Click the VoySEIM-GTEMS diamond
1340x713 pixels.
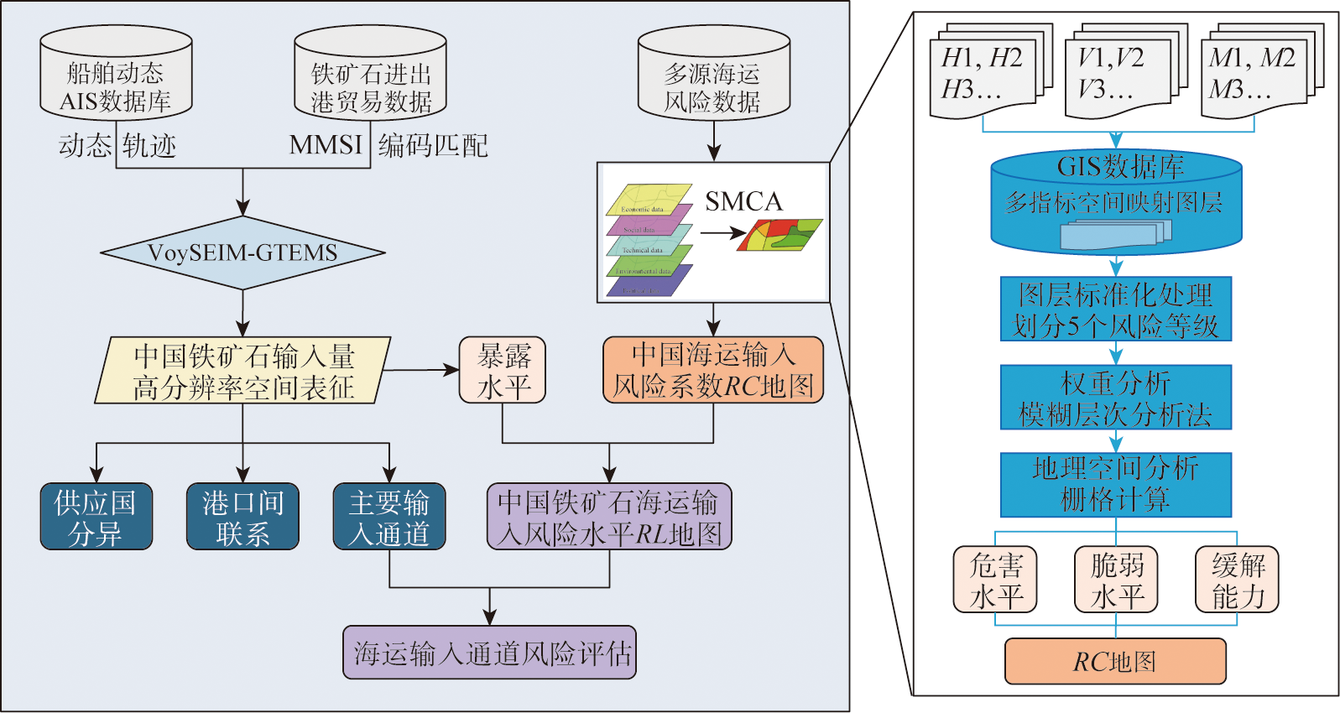point(242,252)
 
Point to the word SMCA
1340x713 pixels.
point(743,201)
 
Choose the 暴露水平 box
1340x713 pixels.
point(503,370)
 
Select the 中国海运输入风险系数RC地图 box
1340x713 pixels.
point(713,370)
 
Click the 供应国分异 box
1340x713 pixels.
point(96,517)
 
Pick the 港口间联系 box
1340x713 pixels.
point(242,517)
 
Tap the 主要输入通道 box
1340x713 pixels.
point(389,517)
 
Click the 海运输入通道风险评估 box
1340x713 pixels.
point(489,653)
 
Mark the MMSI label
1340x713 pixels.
point(326,145)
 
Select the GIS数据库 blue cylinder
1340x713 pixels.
point(1116,201)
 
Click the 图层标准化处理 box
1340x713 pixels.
point(1116,309)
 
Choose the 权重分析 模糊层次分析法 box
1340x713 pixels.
point(1116,397)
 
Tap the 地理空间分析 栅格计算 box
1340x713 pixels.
point(1116,485)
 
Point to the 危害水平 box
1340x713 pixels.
point(995,580)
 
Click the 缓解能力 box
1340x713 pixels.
point(1237,580)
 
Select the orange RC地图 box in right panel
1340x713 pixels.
point(1115,661)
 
